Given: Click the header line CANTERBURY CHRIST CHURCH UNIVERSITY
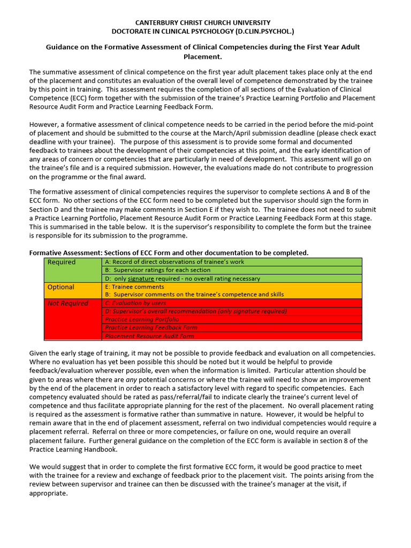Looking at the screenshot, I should point(203,22).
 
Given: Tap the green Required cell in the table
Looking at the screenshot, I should point(62,262).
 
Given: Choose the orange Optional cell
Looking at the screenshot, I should point(61,287).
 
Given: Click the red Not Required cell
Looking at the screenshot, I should point(68,303).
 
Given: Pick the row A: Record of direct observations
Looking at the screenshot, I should point(174,262).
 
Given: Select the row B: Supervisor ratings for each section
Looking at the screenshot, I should point(158,270).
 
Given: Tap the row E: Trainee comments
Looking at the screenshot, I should point(134,287).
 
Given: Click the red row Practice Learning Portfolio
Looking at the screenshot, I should point(142,319).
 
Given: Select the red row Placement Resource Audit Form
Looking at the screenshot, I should point(149,336).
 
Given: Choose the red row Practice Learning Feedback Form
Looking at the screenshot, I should point(151,328).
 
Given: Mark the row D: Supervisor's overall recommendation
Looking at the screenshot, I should point(196,311).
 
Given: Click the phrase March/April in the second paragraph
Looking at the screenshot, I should point(224,133).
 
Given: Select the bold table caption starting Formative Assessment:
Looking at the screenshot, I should point(169,253).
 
